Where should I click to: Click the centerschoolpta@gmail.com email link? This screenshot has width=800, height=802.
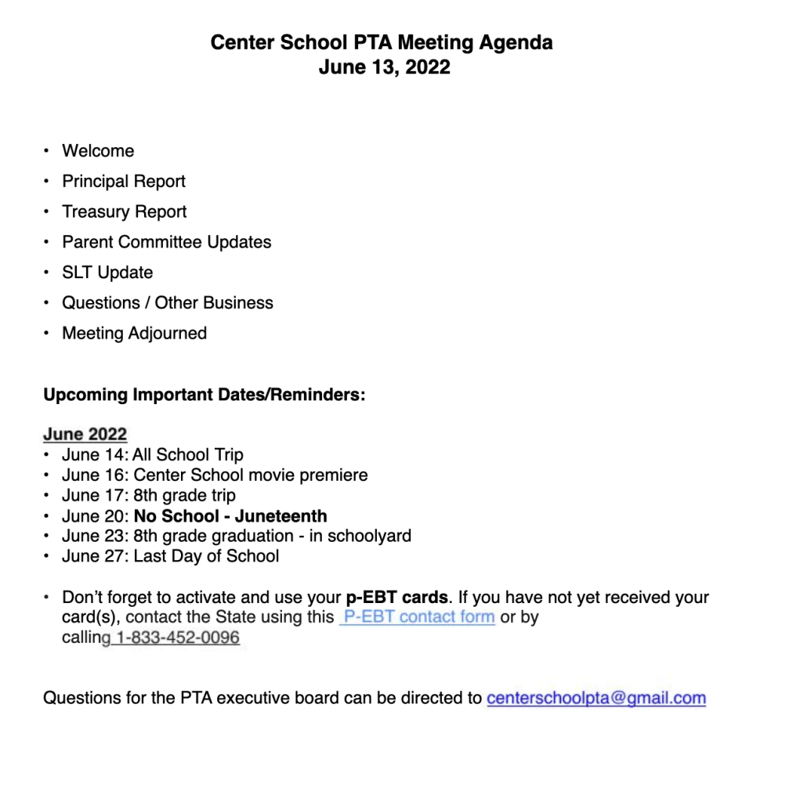coord(596,698)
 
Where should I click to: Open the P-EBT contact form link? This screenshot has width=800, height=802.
coord(419,617)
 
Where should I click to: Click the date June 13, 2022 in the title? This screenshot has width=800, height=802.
coord(384,67)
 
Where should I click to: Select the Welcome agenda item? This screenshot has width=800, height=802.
coord(98,151)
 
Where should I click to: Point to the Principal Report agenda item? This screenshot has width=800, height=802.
coord(124,182)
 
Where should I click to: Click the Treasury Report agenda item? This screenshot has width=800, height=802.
coord(125,212)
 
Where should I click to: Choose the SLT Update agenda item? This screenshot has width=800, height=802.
coord(107,273)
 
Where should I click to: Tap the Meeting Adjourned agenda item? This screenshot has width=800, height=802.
coord(135,334)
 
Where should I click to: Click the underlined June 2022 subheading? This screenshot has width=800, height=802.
coord(85,435)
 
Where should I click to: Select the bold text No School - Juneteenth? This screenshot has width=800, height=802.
coord(230,516)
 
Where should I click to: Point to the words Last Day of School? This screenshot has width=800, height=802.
coord(206,557)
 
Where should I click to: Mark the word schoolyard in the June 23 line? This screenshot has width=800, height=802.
coord(370,536)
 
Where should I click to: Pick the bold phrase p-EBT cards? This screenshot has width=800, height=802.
coord(397,598)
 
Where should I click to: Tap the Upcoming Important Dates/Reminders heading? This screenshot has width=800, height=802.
coord(204,395)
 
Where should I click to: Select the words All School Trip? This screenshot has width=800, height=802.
coord(188,455)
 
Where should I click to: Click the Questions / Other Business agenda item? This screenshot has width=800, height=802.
coord(168,303)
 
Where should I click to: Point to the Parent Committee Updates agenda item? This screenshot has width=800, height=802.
coord(167,243)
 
